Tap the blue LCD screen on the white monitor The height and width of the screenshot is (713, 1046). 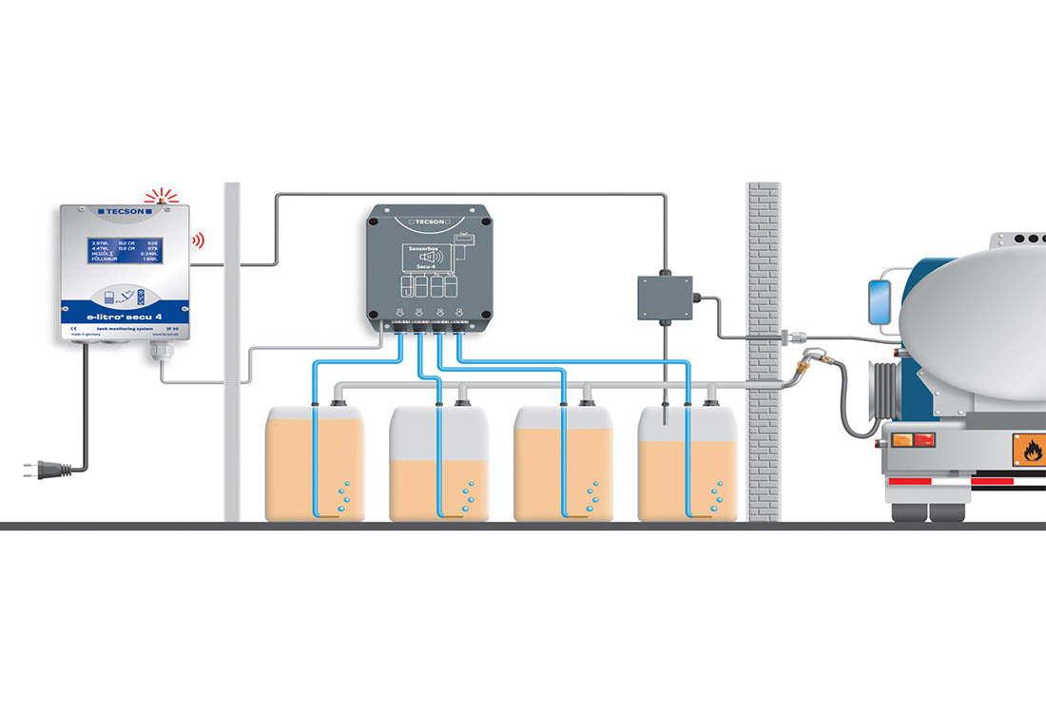click(125, 256)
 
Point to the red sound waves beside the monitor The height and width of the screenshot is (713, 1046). click(199, 241)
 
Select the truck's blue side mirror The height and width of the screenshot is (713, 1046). click(876, 300)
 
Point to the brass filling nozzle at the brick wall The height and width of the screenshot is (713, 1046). click(808, 361)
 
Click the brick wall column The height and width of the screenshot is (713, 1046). click(763, 352)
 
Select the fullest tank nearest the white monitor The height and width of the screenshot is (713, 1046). click(315, 466)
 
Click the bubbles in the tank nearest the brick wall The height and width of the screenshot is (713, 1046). click(716, 494)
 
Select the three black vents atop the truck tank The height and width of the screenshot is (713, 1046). click(1022, 238)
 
